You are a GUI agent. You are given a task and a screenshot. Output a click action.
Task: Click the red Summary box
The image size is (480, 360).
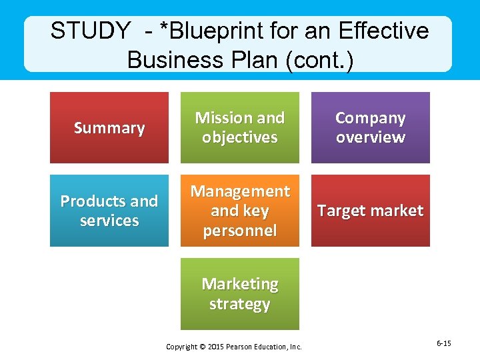[x=109, y=127]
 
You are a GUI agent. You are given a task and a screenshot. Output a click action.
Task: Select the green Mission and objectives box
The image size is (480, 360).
[x=239, y=127]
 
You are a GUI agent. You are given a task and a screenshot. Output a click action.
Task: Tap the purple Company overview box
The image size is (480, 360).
[x=370, y=127]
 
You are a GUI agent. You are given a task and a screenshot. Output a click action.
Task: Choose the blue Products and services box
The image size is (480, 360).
[x=109, y=211]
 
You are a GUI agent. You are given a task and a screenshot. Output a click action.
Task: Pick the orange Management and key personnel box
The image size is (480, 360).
[x=239, y=211]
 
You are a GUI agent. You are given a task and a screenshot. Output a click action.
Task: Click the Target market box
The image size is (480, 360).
[x=370, y=211]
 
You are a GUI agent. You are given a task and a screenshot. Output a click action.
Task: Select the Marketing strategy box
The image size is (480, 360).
[x=239, y=294]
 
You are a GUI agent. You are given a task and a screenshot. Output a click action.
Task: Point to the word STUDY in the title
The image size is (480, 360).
[x=91, y=31]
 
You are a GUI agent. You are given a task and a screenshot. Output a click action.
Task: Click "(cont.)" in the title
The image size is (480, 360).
[x=319, y=59]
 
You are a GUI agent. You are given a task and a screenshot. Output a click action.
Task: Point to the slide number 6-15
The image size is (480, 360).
[x=444, y=343]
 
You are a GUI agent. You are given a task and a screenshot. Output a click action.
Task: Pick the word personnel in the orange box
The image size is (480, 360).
[x=239, y=231]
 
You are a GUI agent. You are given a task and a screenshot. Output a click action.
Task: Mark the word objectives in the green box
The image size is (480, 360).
[x=239, y=137]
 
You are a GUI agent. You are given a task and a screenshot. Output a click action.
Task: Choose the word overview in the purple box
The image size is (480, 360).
[x=370, y=137]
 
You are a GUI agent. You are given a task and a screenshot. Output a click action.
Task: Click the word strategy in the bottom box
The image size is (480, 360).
[x=239, y=304]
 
